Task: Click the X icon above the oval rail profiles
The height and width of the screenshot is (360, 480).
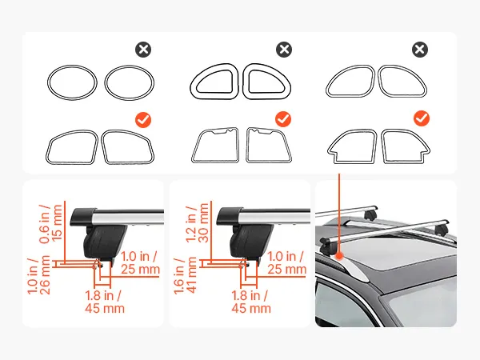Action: coord(143,50)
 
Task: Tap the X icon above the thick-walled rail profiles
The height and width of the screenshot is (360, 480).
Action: coord(284,50)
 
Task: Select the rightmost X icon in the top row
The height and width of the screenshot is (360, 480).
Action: coord(420,50)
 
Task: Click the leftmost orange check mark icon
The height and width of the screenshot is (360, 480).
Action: coord(143,120)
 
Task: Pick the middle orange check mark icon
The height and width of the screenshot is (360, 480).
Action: coord(283,119)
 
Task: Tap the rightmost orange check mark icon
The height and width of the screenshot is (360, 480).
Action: coord(422,118)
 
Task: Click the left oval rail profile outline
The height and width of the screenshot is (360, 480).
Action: coord(48,82)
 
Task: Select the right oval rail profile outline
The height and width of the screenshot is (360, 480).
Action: coord(106,82)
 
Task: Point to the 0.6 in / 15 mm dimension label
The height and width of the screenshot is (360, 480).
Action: coord(50,224)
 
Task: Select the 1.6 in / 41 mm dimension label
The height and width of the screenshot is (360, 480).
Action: coord(185,276)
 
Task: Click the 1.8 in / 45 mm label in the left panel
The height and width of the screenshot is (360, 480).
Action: coord(105,302)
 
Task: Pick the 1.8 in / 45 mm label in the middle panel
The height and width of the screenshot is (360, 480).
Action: coord(251,302)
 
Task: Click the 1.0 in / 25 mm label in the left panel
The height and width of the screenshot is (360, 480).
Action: coord(140,262)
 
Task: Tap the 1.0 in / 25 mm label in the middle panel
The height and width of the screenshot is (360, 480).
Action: coord(286,262)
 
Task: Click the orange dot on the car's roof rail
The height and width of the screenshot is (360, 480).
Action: coord(339,256)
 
